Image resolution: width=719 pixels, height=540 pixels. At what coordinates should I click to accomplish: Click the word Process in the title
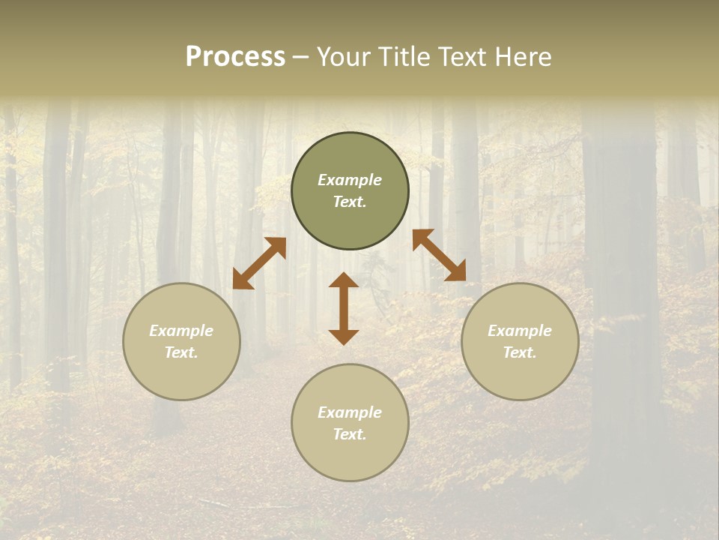tap(235, 57)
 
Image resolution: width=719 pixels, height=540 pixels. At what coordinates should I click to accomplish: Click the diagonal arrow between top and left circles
tap(259, 263)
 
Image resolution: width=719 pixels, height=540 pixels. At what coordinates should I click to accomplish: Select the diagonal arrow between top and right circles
tap(439, 255)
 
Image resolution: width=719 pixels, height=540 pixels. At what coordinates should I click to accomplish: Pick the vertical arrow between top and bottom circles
tap(344, 308)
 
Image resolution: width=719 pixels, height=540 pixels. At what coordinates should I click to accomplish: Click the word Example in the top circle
tap(350, 180)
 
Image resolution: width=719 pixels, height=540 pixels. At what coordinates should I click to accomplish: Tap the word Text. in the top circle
tap(350, 202)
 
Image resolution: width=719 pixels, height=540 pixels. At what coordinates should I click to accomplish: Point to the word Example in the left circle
tap(181, 331)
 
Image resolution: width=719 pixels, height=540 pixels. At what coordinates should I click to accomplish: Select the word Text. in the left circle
tap(181, 353)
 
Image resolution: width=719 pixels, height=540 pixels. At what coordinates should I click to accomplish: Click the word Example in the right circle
tap(520, 331)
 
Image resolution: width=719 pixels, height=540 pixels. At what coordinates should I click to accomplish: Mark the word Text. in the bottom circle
tap(350, 435)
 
